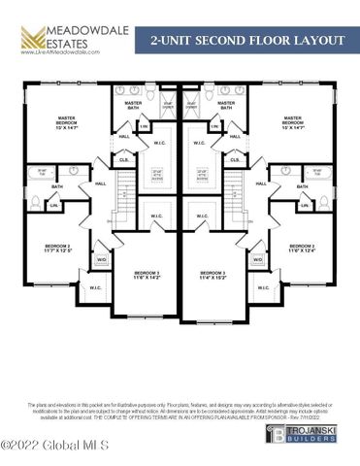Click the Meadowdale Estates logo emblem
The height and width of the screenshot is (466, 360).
pyautogui.click(x=31, y=39)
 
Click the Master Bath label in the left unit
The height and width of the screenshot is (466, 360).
pyautogui.click(x=133, y=106)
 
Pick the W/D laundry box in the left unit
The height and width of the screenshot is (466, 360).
pyautogui.click(x=102, y=259)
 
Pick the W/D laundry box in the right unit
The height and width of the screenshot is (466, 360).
pyautogui.click(x=258, y=259)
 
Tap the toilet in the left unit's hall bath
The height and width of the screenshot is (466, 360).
pyautogui.click(x=36, y=203)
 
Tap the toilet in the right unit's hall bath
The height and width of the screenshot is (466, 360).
pyautogui.click(x=324, y=203)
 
